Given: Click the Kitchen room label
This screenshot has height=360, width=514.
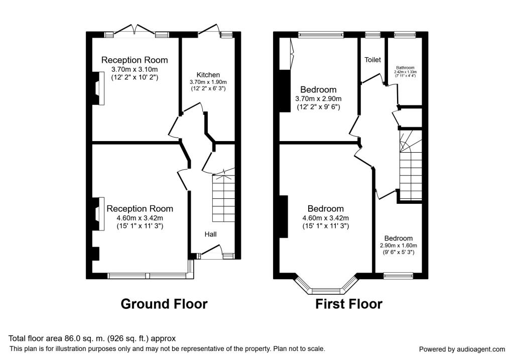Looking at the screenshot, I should click(x=208, y=75).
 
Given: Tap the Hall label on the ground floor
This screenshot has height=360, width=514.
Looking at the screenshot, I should click(x=211, y=234).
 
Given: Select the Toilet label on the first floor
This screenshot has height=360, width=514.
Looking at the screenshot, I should click(x=372, y=60).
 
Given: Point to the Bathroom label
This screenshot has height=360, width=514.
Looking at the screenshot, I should click(x=405, y=67).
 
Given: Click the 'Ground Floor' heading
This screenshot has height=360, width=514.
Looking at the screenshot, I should click(x=164, y=304).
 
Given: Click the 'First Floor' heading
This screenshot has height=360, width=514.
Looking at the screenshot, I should click(x=349, y=304).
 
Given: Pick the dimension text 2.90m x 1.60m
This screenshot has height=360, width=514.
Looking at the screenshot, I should click(x=399, y=246).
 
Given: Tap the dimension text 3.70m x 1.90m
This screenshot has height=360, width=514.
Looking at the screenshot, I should click(x=208, y=82).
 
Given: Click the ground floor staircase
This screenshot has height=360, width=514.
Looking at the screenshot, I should click(x=223, y=198).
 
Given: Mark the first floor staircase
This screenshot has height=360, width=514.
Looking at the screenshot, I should click(x=411, y=166).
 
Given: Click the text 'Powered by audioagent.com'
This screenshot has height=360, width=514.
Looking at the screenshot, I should click(x=462, y=349).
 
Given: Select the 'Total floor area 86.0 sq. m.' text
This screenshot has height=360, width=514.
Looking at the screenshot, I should click(x=92, y=338).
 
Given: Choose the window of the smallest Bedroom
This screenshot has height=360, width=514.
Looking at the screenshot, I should click(x=398, y=275).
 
